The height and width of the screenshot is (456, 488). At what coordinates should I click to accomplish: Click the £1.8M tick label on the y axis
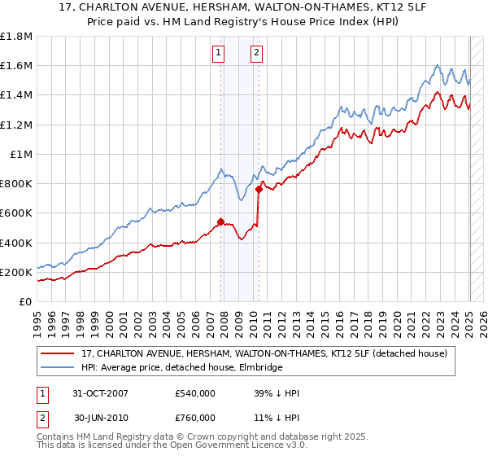[16, 37]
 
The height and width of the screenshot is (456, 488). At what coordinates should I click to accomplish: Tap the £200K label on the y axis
[16, 272]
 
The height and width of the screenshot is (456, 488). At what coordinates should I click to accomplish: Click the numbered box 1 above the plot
[219, 54]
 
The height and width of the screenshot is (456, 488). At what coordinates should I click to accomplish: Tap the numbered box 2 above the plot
[256, 54]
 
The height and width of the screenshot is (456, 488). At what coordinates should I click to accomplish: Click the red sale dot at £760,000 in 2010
[259, 189]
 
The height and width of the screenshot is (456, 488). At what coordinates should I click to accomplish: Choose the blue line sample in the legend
[57, 368]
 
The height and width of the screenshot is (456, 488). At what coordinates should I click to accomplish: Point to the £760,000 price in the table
[195, 418]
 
